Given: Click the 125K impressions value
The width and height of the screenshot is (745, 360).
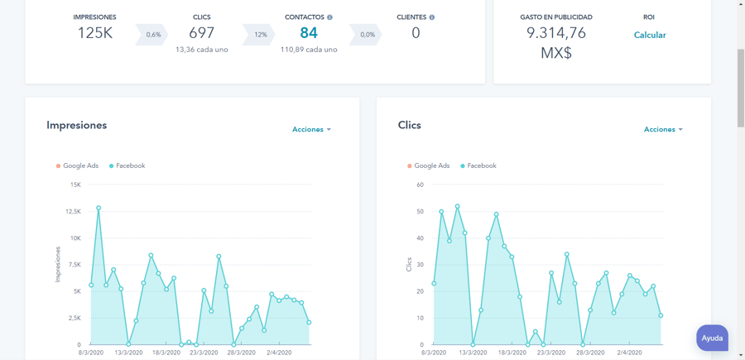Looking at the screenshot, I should pos(94,33).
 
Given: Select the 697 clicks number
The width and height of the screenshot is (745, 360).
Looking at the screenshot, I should pos(201,33).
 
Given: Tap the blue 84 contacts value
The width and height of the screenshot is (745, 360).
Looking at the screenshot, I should pos(309,33).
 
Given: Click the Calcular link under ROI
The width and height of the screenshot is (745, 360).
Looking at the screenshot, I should pos(649,35).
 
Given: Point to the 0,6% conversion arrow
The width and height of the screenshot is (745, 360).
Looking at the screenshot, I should pos(153,35).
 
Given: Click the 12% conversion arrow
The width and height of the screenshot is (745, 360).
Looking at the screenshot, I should pos(260,35).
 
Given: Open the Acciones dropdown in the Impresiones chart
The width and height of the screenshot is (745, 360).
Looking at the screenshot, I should pos(311,129).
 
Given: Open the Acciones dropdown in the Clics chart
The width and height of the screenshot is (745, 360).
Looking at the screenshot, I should pos(663,129).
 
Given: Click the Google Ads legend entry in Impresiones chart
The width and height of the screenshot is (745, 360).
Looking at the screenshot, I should pos(77,166).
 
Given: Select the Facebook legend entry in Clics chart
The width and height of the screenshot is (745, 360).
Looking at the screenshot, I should pos(478,166).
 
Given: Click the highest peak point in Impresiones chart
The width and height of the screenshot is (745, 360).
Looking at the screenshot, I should pos(99,208).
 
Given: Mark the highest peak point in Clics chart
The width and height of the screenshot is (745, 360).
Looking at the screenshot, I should pos(457,207).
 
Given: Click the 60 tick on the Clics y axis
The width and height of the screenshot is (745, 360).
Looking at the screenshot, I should pos(420,185).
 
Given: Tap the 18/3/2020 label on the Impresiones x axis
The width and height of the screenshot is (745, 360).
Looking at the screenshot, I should pos(166,352).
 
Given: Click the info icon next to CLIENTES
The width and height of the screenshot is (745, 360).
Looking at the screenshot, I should pos(431,17).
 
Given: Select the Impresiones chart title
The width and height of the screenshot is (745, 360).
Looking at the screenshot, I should pos(76,125).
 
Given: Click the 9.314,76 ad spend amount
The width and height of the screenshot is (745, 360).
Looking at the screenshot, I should pos(556,33).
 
